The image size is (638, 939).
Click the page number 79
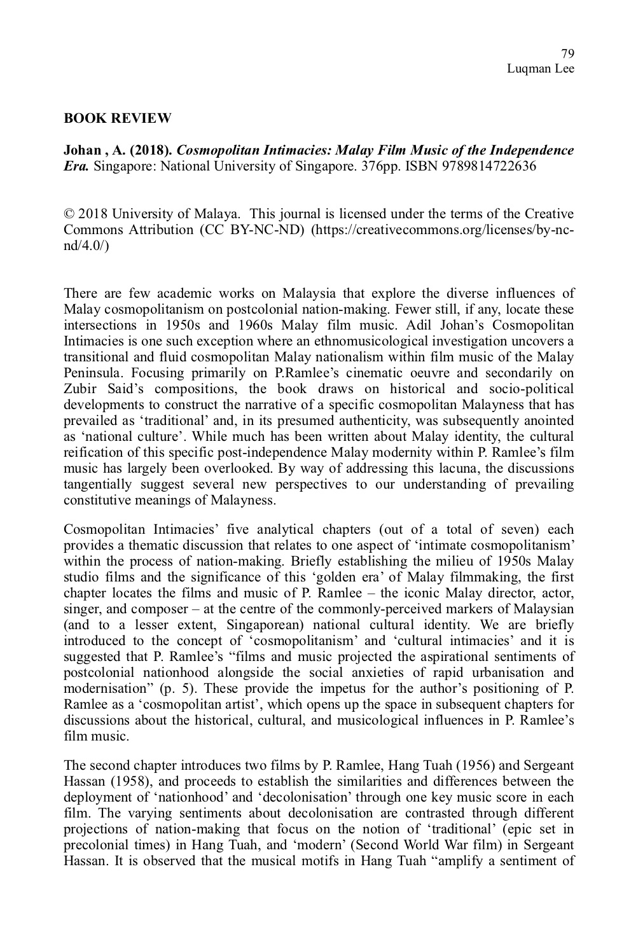[x=568, y=53]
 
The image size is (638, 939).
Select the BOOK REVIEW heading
[x=118, y=118]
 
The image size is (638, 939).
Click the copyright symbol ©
[x=69, y=214]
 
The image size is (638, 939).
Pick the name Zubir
[x=79, y=389]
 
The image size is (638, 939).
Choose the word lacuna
[x=494, y=468]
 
